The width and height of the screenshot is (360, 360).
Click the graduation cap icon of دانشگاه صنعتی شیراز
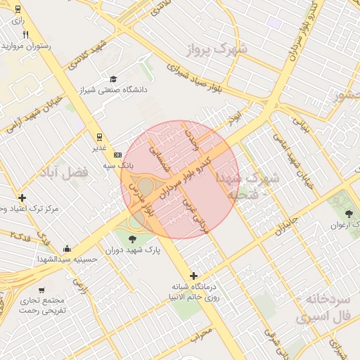click(112, 79)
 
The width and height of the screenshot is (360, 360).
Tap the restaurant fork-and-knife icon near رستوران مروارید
click(26, 34)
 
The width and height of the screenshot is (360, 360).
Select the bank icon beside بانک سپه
click(117, 155)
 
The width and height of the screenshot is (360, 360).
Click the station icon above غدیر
click(100, 136)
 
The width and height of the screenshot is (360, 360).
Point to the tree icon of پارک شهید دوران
click(133, 239)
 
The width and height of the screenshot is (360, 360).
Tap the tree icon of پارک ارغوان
click(349, 213)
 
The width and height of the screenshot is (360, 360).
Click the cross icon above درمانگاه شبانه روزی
click(194, 276)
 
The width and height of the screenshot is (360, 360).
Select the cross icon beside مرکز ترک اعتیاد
click(22, 198)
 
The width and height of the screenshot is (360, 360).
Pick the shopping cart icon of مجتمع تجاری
click(41, 290)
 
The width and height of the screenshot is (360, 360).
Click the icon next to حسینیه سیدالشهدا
click(67, 247)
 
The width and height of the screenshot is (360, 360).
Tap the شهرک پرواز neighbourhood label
click(219, 51)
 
